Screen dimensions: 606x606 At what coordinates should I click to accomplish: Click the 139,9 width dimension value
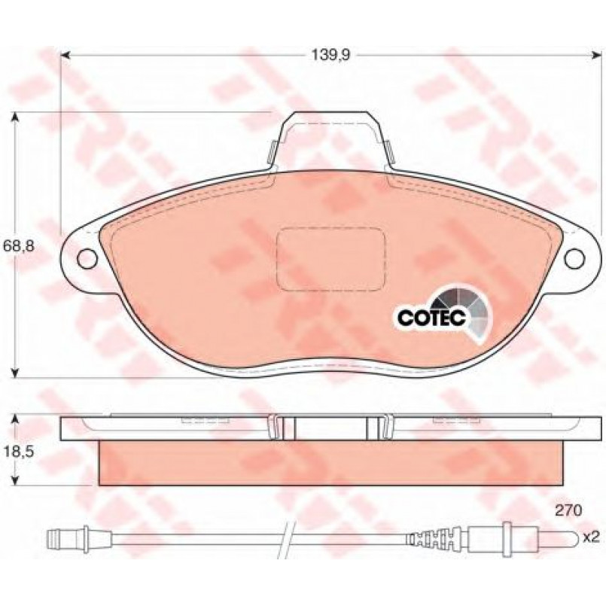point(330,56)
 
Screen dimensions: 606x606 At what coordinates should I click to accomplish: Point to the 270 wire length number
point(568,510)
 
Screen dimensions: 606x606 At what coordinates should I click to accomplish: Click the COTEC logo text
point(432,317)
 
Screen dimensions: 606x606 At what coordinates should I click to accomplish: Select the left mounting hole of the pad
point(87,258)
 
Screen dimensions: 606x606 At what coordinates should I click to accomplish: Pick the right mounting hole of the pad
point(574,258)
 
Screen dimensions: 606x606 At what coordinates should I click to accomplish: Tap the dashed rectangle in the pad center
point(331,259)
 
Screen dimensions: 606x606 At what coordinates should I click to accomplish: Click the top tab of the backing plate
point(331,140)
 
